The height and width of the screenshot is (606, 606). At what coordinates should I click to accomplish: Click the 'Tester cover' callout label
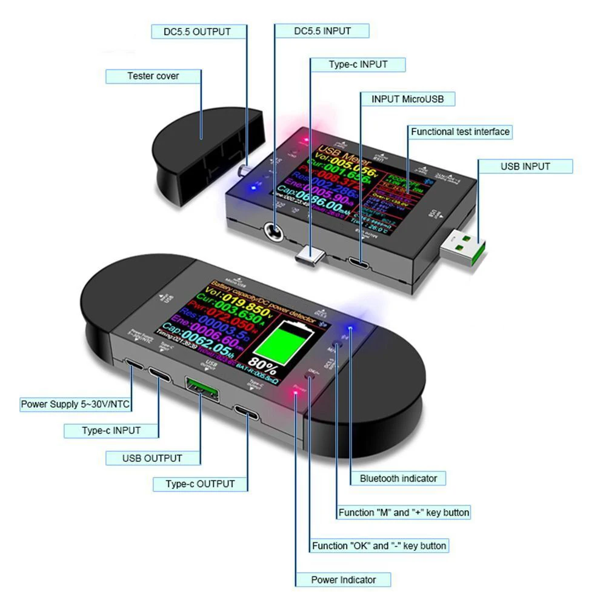[x=153, y=76]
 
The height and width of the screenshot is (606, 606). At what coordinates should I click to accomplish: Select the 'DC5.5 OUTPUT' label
[x=198, y=32]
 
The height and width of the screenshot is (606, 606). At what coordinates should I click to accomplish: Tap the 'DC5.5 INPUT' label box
[x=322, y=31]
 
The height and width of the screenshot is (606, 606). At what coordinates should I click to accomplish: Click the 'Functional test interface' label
[x=460, y=132]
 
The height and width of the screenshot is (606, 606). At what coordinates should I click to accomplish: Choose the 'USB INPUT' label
[x=525, y=166]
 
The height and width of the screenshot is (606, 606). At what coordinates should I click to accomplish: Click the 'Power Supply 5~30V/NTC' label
[x=76, y=404]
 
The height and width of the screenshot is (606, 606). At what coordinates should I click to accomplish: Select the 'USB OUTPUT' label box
[x=152, y=458]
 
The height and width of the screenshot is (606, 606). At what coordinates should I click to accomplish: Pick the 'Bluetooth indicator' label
[x=398, y=478]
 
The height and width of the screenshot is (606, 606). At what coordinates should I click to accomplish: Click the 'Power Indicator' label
[x=344, y=579]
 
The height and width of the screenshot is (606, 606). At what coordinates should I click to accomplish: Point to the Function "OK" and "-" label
[x=379, y=545]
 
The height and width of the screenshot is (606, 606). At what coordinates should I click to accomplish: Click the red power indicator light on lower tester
[x=296, y=395]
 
